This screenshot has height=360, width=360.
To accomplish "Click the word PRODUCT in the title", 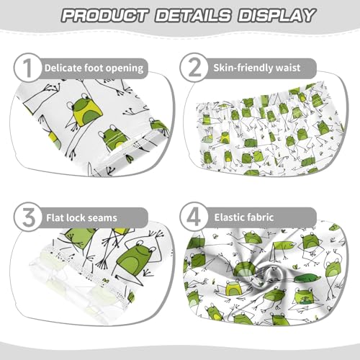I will pos(100,14).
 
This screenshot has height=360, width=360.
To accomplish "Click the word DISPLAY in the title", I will pos(267,14).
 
